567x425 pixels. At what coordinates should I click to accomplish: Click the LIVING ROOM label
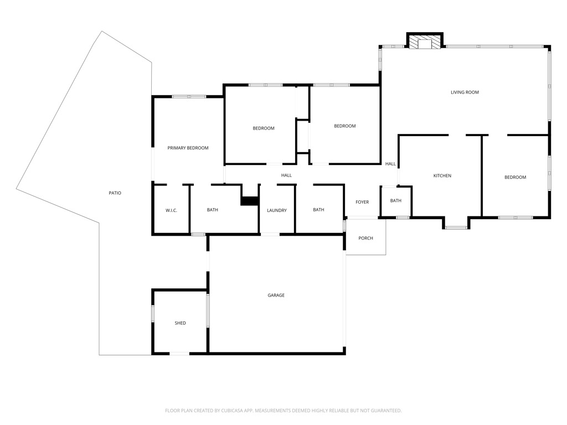pos(465,92)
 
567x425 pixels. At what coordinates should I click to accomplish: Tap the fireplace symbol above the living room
pos(425,40)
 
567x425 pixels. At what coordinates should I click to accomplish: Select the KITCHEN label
pos(442,175)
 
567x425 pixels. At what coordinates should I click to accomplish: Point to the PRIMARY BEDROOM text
pos(188,148)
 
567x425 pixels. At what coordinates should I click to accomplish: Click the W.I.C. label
pos(172,210)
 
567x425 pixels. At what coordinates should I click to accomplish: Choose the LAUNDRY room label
pos(277,210)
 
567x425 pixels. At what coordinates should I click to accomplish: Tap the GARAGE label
pos(276,296)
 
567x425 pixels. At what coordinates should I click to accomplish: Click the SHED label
pos(180,323)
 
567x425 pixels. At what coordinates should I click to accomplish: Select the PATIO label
pos(115,193)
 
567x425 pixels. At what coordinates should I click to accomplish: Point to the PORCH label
pos(365,238)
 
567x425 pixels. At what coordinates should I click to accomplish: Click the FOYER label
pos(362,202)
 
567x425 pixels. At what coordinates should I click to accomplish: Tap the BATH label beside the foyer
pos(395,200)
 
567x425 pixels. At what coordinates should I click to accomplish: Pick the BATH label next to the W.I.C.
pos(212,210)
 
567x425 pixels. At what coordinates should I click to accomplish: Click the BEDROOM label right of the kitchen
pos(516,177)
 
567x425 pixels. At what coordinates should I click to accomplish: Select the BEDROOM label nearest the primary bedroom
pos(263,128)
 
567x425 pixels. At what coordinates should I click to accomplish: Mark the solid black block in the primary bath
pos(250,201)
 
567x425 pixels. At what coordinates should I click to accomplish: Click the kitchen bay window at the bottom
pos(456,227)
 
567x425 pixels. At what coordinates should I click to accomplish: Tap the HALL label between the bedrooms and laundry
pos(286,175)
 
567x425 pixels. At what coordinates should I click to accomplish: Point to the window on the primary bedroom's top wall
pos(189,96)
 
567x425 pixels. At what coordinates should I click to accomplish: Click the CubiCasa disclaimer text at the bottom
pos(283,411)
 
